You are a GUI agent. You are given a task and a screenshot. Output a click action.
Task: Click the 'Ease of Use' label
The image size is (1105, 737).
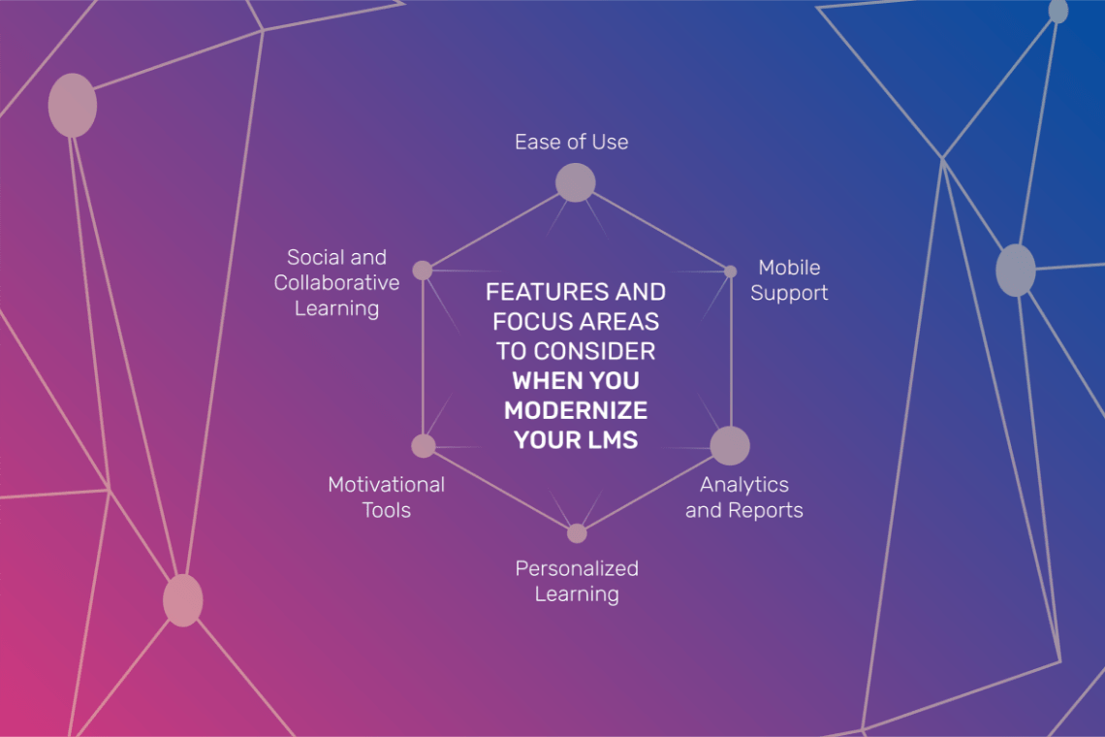[571, 142]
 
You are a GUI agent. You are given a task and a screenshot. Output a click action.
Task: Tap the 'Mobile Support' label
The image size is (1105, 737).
[789, 280]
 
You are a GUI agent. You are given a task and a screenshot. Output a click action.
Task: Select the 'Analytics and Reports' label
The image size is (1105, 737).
[743, 497]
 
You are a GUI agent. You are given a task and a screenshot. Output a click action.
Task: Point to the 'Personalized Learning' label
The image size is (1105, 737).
[577, 581]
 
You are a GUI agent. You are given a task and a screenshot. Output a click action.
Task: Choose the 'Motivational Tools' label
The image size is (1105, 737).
[386, 497]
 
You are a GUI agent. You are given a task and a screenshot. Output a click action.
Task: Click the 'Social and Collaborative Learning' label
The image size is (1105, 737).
[336, 282]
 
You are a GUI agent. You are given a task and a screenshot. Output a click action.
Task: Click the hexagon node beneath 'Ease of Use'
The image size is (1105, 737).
[575, 182]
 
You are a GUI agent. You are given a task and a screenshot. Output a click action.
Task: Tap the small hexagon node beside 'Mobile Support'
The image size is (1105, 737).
[730, 272]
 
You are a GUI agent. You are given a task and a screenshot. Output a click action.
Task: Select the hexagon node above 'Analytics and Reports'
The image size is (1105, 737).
[730, 446]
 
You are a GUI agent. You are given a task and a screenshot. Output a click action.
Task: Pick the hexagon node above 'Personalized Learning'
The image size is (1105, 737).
[577, 533]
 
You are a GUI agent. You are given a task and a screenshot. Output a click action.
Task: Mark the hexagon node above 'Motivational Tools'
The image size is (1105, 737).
[423, 446]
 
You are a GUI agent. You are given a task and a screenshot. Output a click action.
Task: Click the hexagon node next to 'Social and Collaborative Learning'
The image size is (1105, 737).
[422, 271]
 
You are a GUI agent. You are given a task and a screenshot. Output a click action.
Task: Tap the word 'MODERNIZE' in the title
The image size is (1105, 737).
[576, 410]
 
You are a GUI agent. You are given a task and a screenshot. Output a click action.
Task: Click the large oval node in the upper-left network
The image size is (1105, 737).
[73, 105]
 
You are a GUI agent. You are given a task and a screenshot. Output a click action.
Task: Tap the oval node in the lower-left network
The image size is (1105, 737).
[182, 600]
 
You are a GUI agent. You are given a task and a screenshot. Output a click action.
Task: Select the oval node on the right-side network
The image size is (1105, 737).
[1015, 271]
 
